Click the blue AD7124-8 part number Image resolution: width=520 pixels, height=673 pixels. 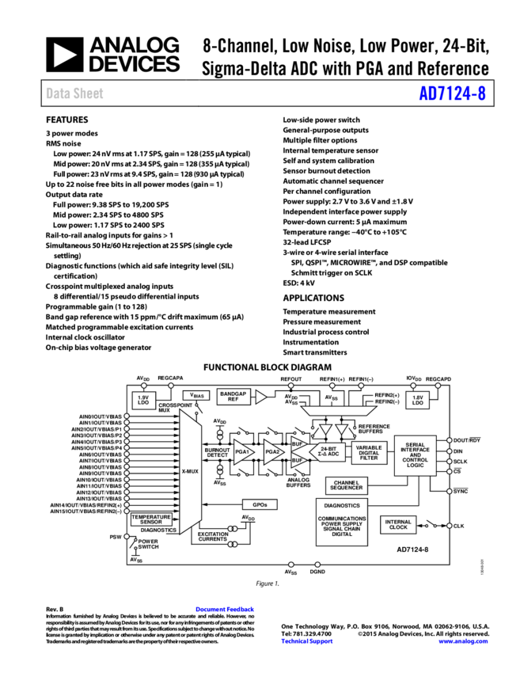tap(452, 93)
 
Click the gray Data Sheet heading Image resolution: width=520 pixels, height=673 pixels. tap(74, 93)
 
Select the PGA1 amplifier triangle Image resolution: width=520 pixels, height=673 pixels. tap(242, 452)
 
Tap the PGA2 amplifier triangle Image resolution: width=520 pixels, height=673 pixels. tap(272, 452)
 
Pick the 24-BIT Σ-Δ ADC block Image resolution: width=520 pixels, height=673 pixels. tap(328, 452)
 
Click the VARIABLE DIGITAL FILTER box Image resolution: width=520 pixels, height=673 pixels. tap(369, 453)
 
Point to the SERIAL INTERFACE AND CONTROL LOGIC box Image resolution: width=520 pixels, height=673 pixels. tap(415, 455)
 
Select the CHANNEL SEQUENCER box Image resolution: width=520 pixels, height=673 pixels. tap(347, 485)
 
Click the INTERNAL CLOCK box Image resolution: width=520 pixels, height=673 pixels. tap(398, 524)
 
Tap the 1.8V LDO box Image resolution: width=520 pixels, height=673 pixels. tap(418, 401)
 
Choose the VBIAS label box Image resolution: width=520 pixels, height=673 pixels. tap(196, 395)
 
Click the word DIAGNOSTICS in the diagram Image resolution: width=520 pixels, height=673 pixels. tap(342, 505)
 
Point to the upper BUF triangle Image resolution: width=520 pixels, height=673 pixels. tap(298, 444)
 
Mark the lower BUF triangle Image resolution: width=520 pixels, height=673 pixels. tap(298, 460)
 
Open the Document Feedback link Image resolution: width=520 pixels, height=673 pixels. tap(225, 609)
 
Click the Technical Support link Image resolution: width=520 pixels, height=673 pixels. tap(307, 641)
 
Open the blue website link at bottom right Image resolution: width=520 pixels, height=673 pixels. tap(463, 641)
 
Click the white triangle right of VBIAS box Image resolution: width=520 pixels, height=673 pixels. tap(260, 397)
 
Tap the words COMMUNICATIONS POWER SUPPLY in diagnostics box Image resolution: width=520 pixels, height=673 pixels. tap(342, 521)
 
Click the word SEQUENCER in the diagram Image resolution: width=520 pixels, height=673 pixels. tap(347, 489)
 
